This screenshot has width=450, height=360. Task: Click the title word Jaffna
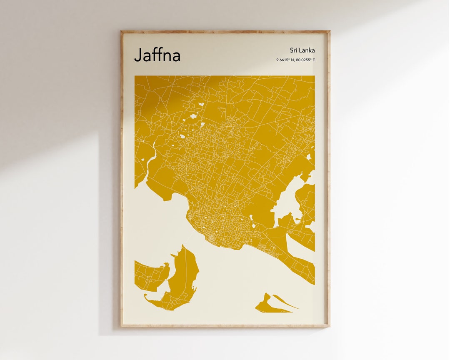pyautogui.click(x=157, y=55)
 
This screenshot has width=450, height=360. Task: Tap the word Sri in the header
pyautogui.click(x=294, y=50)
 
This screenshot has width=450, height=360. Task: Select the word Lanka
pyautogui.click(x=307, y=50)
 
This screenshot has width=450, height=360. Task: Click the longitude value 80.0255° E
pyautogui.click(x=305, y=60)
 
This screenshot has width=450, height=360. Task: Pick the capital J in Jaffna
pyautogui.click(x=137, y=55)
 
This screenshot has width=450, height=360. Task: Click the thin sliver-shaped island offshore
pyautogui.click(x=285, y=302)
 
